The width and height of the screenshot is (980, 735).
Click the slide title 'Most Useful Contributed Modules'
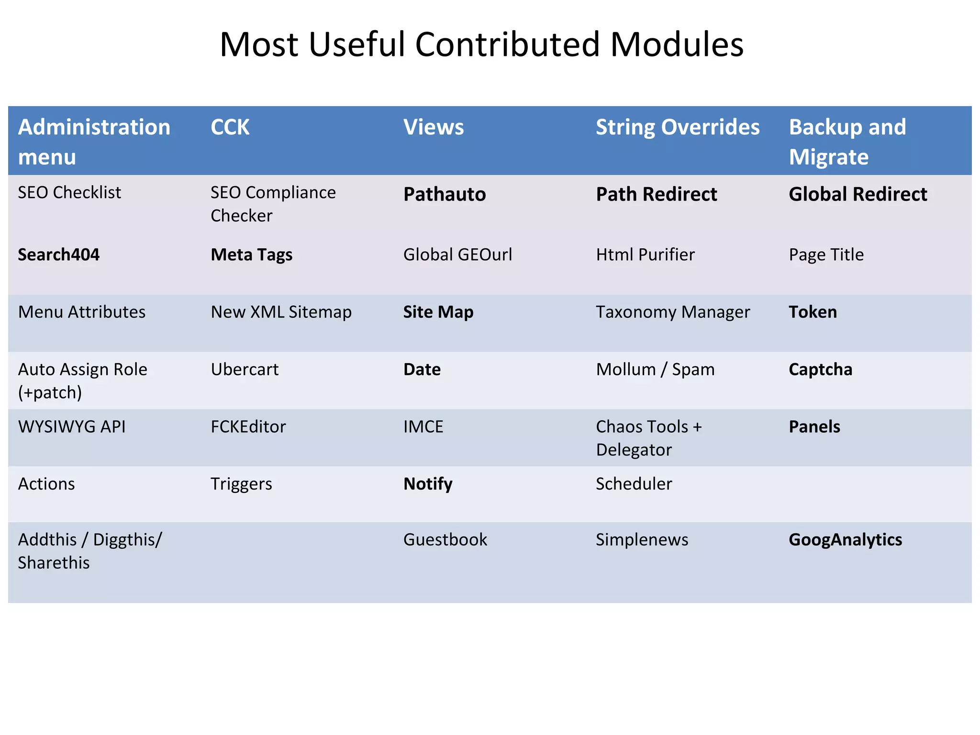(481, 45)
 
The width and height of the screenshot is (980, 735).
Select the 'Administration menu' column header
(94, 142)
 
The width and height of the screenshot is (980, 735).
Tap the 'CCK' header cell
(230, 127)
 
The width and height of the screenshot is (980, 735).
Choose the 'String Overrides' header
(678, 127)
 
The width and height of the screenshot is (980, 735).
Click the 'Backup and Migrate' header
(847, 142)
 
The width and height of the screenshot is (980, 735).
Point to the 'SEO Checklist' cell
(69, 192)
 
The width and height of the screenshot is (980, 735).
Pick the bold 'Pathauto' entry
(445, 194)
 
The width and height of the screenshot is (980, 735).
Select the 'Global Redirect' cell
(858, 194)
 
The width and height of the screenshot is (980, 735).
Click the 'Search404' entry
(59, 255)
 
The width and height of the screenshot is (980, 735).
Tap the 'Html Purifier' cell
(645, 255)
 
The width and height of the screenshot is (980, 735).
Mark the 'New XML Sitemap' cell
(281, 312)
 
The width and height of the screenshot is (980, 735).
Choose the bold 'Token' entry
(813, 312)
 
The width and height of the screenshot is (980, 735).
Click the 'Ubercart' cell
(245, 369)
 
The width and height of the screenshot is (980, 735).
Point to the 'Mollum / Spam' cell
(655, 369)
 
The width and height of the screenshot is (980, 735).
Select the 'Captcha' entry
(821, 369)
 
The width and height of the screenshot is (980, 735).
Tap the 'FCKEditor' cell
(248, 427)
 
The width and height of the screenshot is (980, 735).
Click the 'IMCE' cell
(423, 427)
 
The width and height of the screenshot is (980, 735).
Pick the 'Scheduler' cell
(634, 484)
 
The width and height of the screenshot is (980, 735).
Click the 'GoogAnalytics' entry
(846, 540)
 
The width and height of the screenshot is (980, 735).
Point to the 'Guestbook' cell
(445, 540)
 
